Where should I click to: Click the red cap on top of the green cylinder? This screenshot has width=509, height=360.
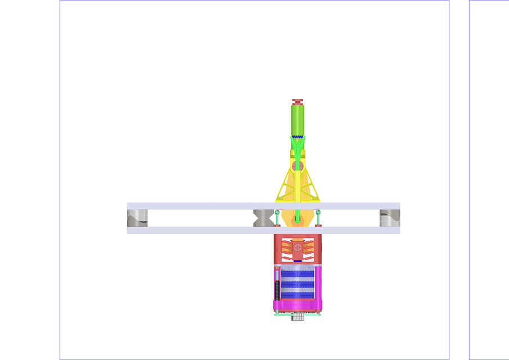click(298, 102)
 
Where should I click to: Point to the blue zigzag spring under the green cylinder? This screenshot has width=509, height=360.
click(298, 137)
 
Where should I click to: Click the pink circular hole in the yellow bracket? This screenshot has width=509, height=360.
click(298, 166)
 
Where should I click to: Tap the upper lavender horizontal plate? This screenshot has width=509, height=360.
click(197, 206)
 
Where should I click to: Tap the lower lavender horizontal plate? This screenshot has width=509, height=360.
click(197, 230)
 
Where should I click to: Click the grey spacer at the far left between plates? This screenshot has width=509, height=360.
click(137, 218)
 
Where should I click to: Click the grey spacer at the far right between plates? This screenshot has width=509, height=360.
click(390, 218)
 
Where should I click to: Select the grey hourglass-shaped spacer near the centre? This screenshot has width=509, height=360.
click(263, 218)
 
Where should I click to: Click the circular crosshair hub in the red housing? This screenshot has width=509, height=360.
click(298, 247)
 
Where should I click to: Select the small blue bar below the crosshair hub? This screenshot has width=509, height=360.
click(298, 261)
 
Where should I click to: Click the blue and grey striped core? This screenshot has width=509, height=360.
click(298, 284)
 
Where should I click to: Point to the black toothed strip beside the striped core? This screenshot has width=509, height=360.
click(277, 290)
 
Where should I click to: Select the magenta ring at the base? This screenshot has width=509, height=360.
click(298, 306)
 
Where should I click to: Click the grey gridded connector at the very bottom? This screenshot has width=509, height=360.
click(298, 317)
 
